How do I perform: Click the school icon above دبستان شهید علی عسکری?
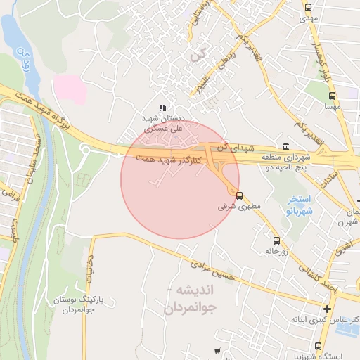coord(163,108)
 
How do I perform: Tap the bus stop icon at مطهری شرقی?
coord(240,195)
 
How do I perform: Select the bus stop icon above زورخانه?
coord(276,239)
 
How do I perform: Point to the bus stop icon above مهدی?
coord(308,7)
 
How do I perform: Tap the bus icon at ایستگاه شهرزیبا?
coord(319,346)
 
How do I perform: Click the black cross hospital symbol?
coord(328,309)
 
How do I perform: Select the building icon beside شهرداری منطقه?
coord(285,147)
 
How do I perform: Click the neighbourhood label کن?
coord(205,53)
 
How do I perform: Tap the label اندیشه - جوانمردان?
coord(191,299)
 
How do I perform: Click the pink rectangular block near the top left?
coord(70,89)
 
